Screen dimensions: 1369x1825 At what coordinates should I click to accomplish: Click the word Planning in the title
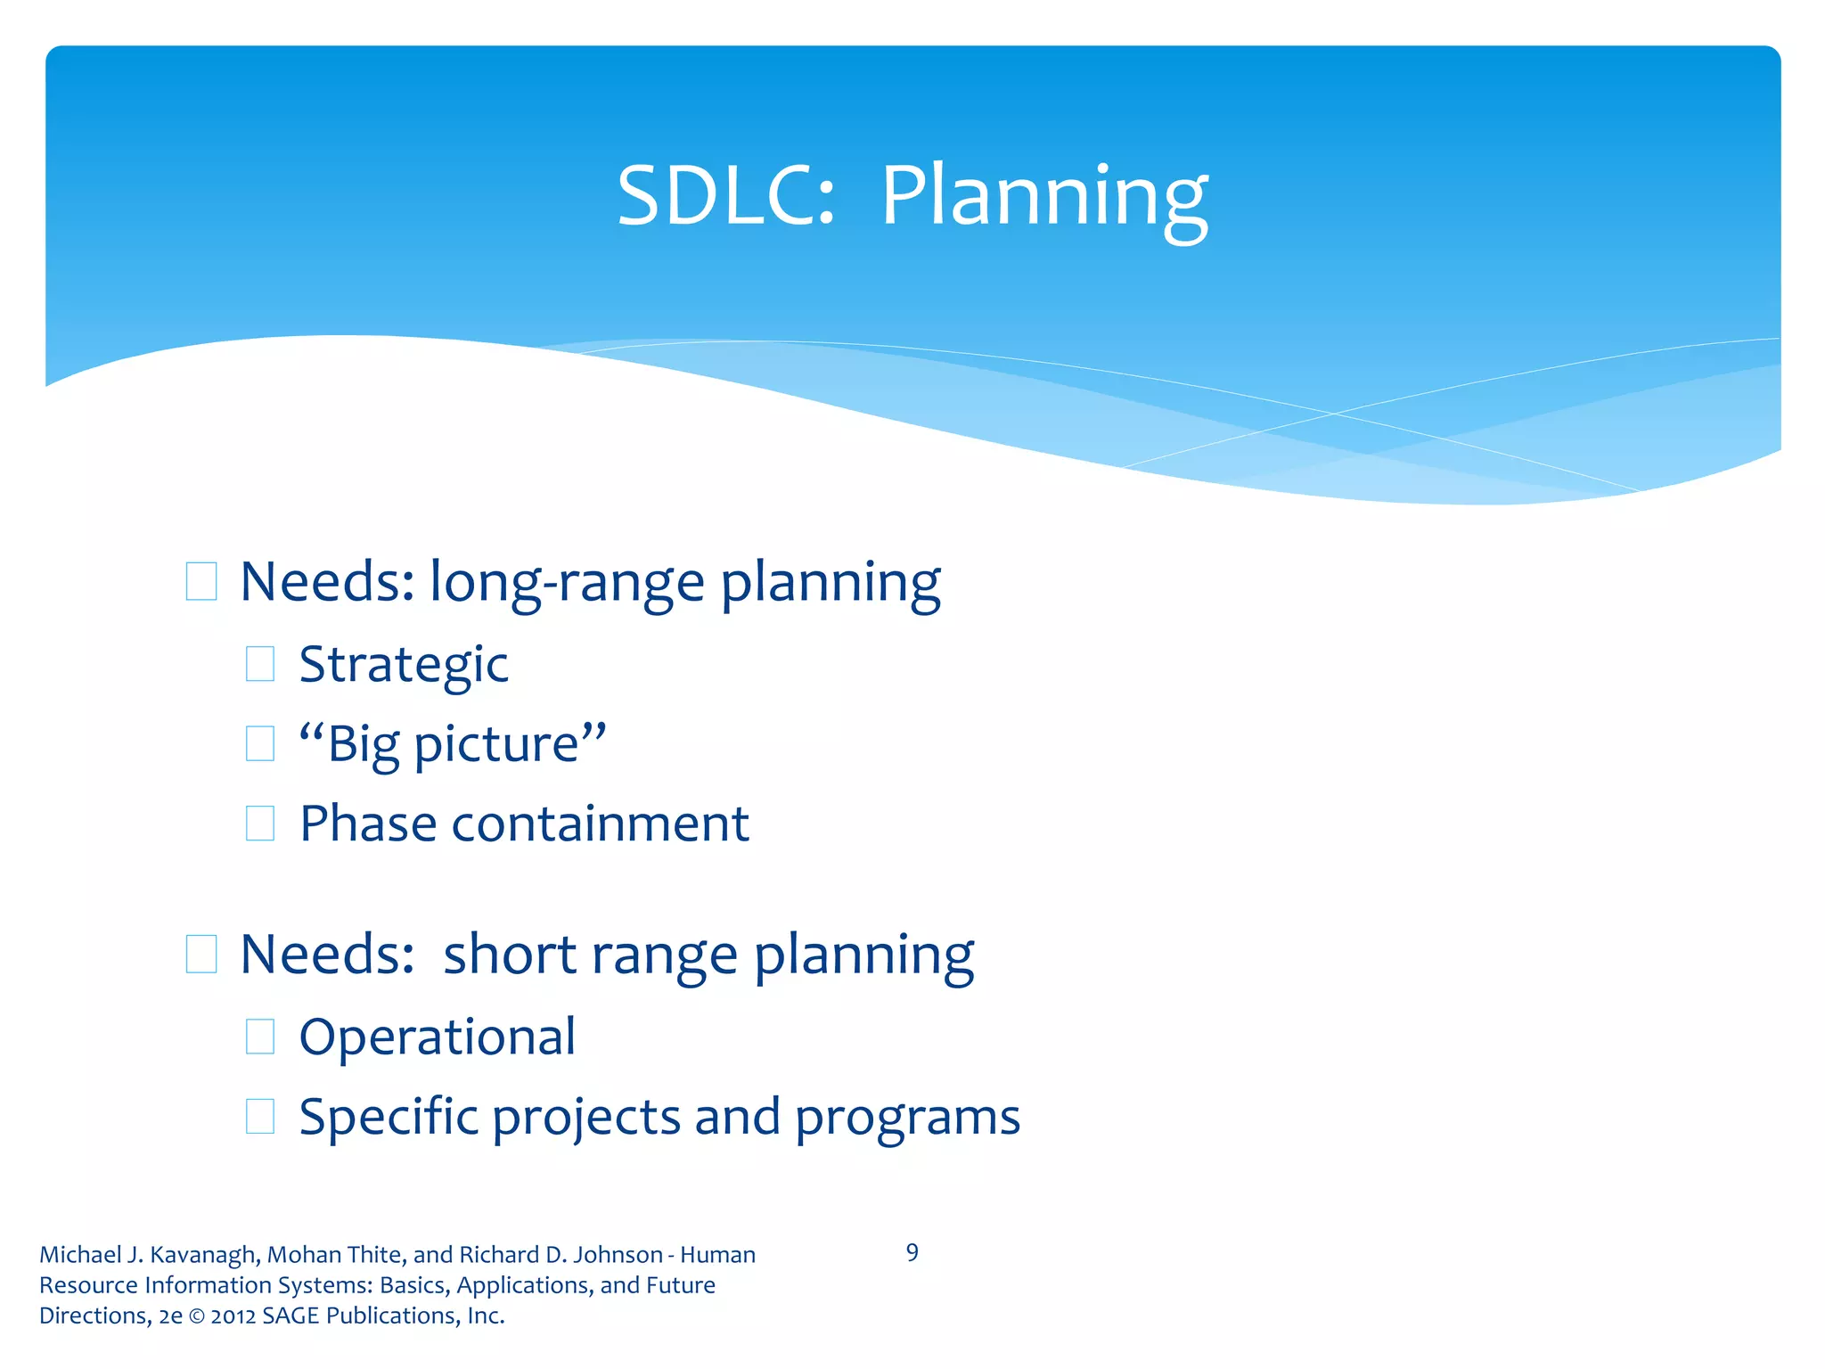point(1043,198)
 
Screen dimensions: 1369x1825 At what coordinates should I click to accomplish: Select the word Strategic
point(404,665)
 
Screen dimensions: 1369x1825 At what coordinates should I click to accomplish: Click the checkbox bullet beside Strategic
point(259,664)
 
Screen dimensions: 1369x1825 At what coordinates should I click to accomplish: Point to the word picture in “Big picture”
point(496,745)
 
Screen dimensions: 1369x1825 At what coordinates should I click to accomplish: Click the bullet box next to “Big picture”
point(259,743)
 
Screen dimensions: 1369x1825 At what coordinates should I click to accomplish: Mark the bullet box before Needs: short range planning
point(201,955)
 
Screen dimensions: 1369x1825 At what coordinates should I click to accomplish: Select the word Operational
point(437,1037)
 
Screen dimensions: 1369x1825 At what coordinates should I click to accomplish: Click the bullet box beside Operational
point(259,1037)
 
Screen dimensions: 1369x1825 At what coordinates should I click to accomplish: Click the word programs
point(906,1119)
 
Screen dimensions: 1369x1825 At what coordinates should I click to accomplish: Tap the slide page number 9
point(912,1253)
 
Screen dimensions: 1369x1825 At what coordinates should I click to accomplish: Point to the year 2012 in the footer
point(233,1316)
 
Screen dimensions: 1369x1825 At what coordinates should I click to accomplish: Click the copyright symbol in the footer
point(196,1316)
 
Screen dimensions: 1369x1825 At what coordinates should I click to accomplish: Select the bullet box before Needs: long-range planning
point(201,582)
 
